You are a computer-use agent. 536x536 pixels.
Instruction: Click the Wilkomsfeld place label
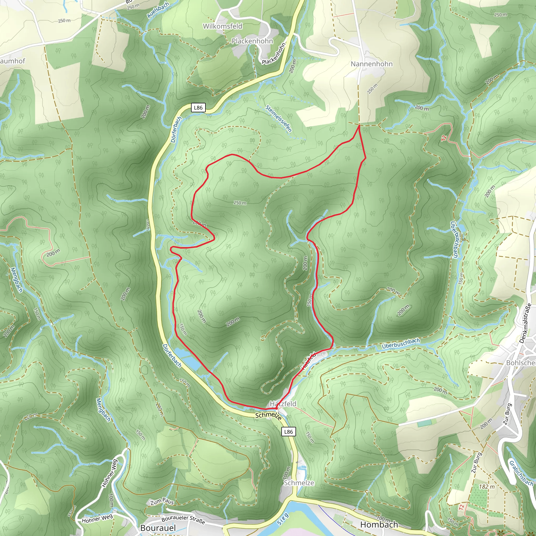click(x=222, y=26)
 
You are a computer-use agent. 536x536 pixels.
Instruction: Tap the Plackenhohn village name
click(x=252, y=41)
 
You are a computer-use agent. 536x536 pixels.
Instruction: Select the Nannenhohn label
click(x=371, y=64)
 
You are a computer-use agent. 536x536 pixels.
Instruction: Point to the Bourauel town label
click(x=158, y=528)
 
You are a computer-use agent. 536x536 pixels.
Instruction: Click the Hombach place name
click(x=379, y=525)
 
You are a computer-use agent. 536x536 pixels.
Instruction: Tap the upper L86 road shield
click(x=198, y=108)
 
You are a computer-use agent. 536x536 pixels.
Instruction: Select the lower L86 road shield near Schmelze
click(x=288, y=431)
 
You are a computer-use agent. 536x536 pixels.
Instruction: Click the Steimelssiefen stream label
click(x=278, y=119)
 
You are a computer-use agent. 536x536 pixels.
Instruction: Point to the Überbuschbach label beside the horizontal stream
click(x=401, y=344)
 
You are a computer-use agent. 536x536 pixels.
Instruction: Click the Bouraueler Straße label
click(x=183, y=520)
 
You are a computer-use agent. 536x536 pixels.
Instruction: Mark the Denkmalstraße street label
click(x=525, y=323)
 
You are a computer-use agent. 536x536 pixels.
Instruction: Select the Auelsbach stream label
click(x=158, y=10)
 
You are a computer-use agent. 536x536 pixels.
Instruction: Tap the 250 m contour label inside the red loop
click(x=240, y=203)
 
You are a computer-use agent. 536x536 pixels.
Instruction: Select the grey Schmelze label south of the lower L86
click(x=299, y=483)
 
